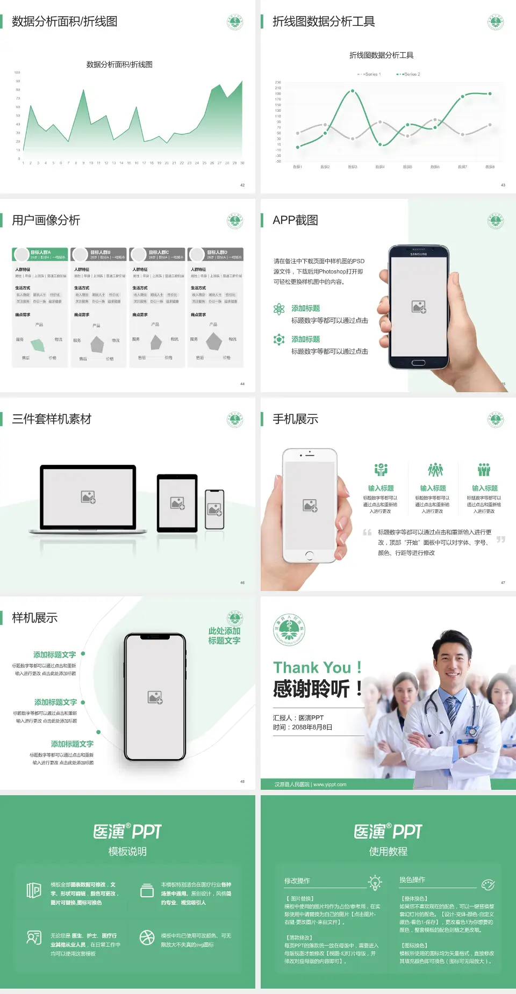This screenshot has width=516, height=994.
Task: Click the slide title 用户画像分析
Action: click(x=46, y=220)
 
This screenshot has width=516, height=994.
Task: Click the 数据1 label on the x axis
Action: click(x=297, y=167)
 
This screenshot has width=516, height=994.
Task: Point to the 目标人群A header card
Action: click(x=40, y=254)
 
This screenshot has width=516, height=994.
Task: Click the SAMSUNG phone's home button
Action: click(x=418, y=363)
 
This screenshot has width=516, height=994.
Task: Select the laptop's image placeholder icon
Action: click(x=88, y=497)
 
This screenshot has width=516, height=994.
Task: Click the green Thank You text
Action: click(x=317, y=668)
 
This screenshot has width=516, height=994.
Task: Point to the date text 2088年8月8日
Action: click(x=312, y=728)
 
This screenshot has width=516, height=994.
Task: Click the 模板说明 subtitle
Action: click(x=127, y=852)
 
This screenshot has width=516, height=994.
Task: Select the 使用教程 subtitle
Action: click(x=388, y=852)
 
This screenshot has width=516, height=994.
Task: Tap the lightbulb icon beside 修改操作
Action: click(x=375, y=882)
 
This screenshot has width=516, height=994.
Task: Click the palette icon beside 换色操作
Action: click(x=488, y=884)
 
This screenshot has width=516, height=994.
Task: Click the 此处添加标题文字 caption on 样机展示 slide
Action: click(x=224, y=636)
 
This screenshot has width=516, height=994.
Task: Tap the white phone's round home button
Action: click(x=310, y=555)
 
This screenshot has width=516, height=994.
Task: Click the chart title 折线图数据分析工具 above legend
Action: click(x=381, y=55)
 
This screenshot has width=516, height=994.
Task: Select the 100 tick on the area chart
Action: click(x=17, y=73)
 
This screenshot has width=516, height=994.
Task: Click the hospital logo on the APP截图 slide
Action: click(x=496, y=221)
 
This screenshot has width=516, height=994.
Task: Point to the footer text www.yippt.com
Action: click(x=329, y=784)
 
